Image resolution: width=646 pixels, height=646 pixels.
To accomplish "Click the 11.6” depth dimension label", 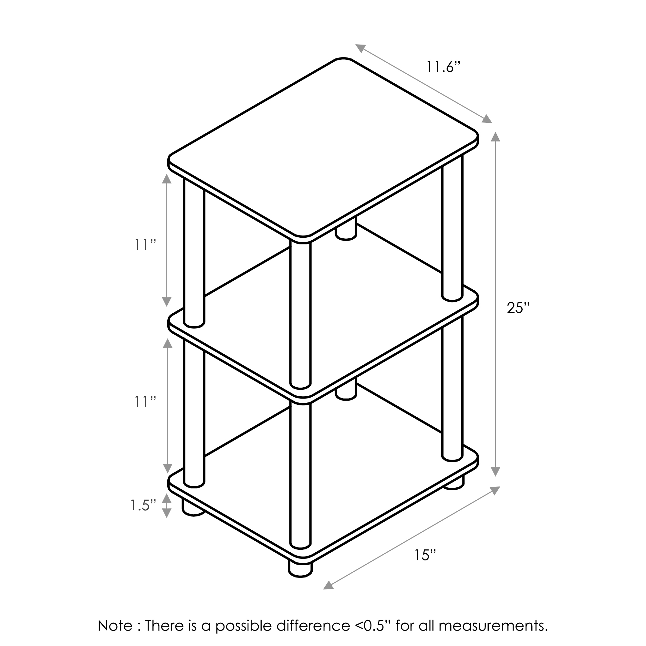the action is coord(443,67).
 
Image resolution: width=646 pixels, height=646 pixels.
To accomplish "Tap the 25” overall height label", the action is coord(518,307).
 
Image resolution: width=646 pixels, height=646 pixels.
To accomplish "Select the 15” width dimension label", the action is coord(425,555).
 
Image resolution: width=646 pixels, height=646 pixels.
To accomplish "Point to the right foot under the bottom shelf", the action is coord(454,483).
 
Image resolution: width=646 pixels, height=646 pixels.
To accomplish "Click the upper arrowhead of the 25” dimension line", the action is coord(495,137).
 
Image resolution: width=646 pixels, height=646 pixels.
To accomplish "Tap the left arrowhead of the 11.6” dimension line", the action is coord(360,48).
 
